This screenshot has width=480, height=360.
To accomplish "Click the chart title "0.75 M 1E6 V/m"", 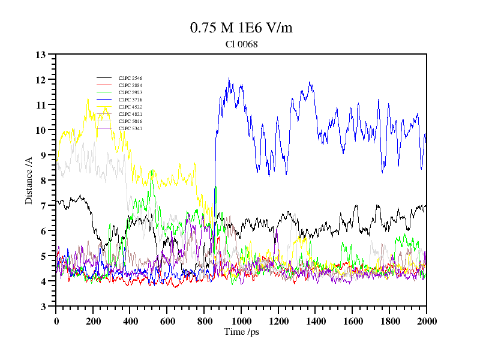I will click(241, 28).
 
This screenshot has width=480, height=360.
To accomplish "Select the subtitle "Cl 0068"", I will click(241, 44).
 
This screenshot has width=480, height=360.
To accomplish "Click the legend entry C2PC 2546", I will click(130, 78).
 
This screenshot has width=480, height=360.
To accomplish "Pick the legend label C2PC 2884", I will click(130, 85).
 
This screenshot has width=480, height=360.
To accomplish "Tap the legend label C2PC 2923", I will click(130, 92).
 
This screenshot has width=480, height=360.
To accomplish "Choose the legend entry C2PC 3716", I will click(130, 100).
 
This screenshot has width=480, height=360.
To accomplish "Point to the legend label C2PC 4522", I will click(130, 107).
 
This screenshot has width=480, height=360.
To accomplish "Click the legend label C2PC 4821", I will click(130, 114).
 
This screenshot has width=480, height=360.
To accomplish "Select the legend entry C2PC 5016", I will click(130, 121).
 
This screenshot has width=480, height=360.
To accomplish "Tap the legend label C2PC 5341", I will click(130, 128).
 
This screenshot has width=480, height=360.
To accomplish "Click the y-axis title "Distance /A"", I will click(29, 180).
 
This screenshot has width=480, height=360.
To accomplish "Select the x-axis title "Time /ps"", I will click(241, 332).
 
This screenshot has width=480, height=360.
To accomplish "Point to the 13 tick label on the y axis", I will click(41, 55).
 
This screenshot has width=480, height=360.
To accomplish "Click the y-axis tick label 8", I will click(43, 181).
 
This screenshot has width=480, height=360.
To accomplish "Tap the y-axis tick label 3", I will click(43, 307).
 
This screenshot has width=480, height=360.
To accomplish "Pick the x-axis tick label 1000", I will click(241, 321).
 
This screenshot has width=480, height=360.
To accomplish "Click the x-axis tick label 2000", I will click(427, 321).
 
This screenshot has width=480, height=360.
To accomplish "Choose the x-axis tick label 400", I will click(130, 321).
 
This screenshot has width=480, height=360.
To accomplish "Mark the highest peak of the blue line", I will click(229, 78).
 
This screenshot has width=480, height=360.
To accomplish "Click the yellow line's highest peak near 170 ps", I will click(88, 98).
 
